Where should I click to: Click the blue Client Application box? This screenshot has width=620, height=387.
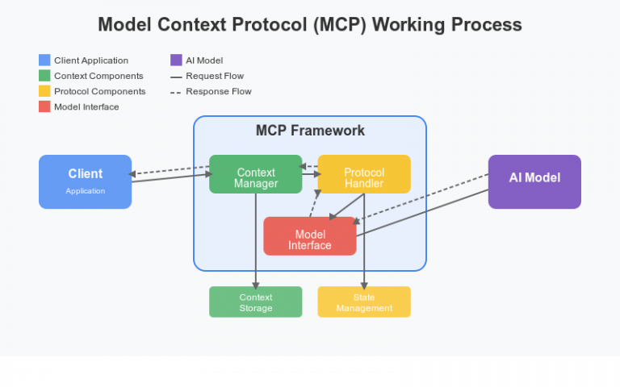[x=85, y=181]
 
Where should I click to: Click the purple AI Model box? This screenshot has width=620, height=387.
[x=534, y=181]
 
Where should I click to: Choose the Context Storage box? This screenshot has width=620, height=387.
[x=255, y=302]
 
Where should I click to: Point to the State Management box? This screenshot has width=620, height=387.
[x=363, y=302]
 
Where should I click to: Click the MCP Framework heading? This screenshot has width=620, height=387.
[x=310, y=131]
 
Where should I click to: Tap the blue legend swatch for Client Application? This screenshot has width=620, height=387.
[x=44, y=60]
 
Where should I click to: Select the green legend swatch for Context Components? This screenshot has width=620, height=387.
[x=44, y=76]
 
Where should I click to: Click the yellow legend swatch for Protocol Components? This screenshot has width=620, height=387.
[x=44, y=91]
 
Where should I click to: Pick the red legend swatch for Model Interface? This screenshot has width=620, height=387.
[x=44, y=106]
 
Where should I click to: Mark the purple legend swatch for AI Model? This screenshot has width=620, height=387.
[x=176, y=60]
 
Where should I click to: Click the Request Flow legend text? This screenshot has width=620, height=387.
[x=215, y=76]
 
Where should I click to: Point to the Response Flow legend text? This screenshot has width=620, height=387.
[x=218, y=91]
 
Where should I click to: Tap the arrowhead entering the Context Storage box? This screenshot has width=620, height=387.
[x=255, y=285]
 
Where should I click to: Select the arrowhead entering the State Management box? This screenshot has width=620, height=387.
[x=363, y=285]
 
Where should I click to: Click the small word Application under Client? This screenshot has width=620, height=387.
[x=85, y=191]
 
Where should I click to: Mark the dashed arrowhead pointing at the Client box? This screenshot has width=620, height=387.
[x=134, y=173]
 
